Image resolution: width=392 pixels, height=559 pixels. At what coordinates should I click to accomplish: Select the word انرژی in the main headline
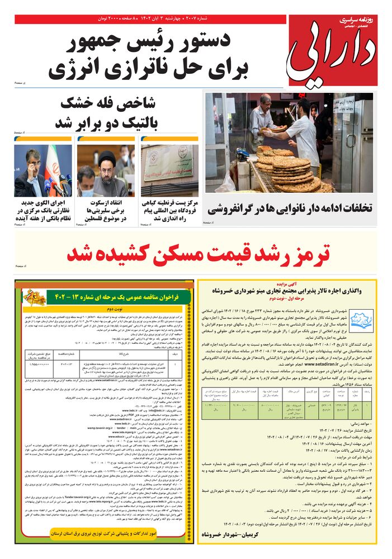(x=78, y=70)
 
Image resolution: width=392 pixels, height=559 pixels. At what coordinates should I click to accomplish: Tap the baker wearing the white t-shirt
(x=302, y=134)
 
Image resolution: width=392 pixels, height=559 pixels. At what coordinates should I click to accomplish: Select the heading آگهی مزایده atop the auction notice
(x=287, y=283)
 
